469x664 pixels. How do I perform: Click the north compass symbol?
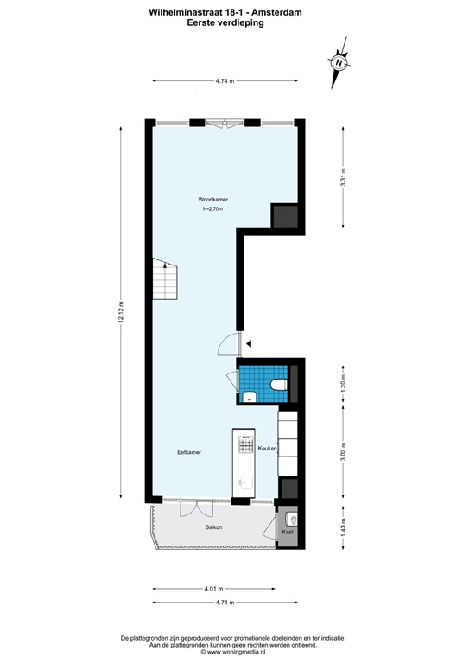(339, 63)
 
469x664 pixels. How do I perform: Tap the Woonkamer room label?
(212, 199)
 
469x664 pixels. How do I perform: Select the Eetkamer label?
(189, 451)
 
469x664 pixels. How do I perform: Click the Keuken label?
(266, 449)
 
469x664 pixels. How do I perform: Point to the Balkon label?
(213, 527)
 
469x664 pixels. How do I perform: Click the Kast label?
(288, 532)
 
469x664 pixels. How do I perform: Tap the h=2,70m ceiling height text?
(212, 208)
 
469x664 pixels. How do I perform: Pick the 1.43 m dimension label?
(343, 527)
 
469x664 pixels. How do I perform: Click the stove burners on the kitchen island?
(245, 447)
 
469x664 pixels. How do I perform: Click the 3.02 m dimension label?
(343, 453)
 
